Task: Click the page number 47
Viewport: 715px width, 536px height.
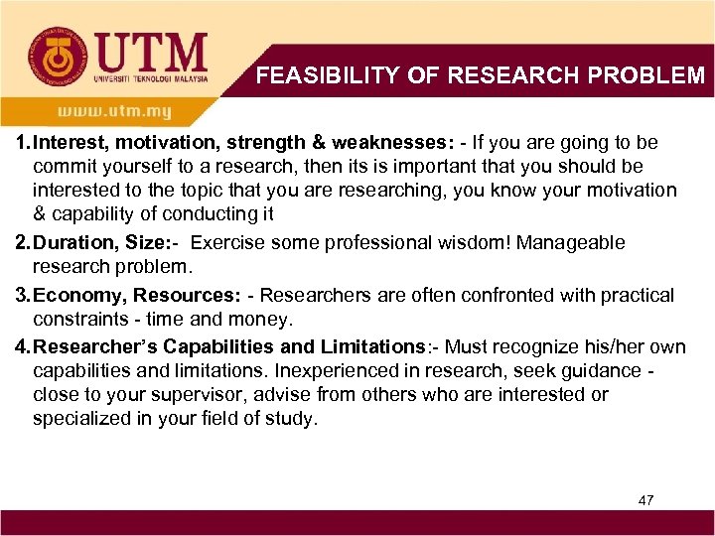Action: pyautogui.click(x=645, y=500)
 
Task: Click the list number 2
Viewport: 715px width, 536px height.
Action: pyautogui.click(x=21, y=243)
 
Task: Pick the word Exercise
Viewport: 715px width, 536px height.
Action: pyautogui.click(x=229, y=243)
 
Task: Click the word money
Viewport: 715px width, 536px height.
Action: pyautogui.click(x=264, y=319)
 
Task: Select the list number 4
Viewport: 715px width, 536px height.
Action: pyautogui.click(x=21, y=346)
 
